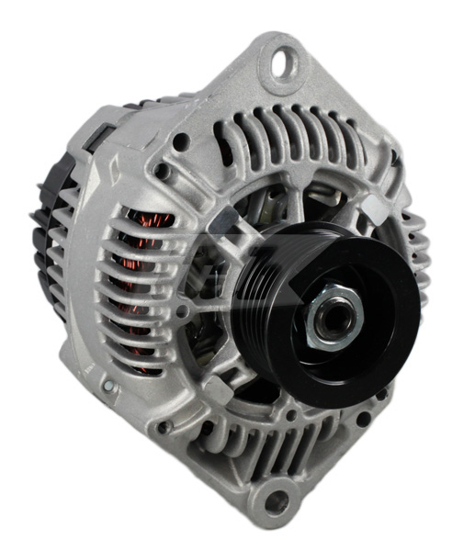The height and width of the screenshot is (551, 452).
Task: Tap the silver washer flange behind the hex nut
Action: pyautogui.click(x=321, y=303)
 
